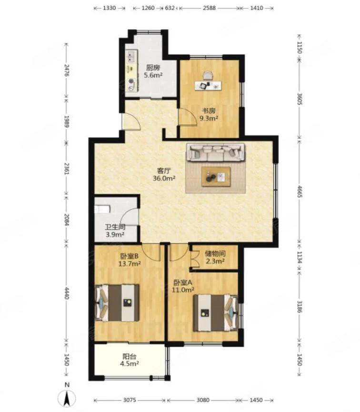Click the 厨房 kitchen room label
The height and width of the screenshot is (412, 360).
[x=153, y=68]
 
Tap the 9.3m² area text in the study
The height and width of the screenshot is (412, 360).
[x=209, y=118]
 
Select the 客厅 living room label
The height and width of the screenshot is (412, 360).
[x=164, y=171]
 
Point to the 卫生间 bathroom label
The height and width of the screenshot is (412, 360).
[x=115, y=227]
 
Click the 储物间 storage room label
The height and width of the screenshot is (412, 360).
[x=215, y=254]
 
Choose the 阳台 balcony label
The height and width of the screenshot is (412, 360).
[x=130, y=357]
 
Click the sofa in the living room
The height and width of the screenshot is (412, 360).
[x=215, y=152]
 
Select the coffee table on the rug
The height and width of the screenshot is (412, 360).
[x=216, y=177]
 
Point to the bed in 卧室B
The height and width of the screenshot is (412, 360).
[x=117, y=303]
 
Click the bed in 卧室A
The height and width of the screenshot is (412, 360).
[x=215, y=313]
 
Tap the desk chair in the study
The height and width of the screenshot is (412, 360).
[x=208, y=76]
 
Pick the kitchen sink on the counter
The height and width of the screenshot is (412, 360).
[x=131, y=57]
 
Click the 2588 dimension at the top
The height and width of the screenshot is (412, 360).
[x=210, y=8]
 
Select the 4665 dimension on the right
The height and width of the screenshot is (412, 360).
[x=300, y=191]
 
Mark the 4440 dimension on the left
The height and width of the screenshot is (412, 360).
[x=67, y=293]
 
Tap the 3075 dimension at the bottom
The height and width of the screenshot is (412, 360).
[x=130, y=400]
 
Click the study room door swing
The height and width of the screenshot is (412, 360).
[x=188, y=117]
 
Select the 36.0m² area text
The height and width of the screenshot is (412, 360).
[x=164, y=179]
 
